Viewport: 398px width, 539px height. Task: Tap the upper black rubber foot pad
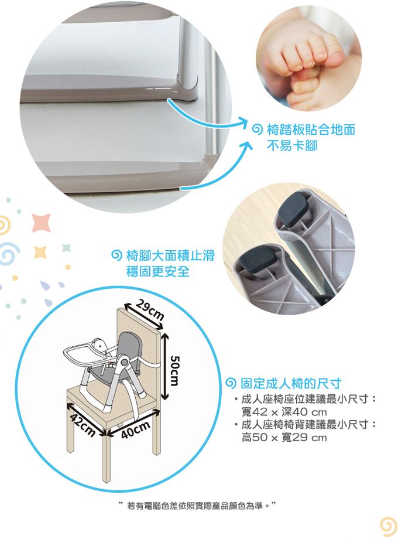tap(296, 209)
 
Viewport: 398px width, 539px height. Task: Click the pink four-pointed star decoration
tap(41, 222)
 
